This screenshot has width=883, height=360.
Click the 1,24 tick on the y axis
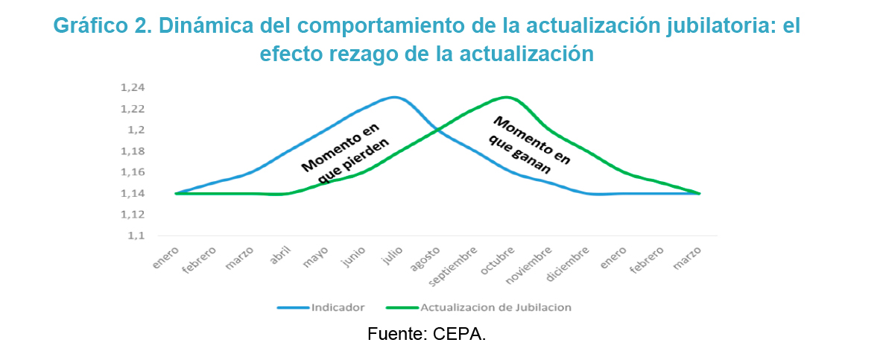131,88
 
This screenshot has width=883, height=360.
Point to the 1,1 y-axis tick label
135,236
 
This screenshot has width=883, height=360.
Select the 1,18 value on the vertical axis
131,151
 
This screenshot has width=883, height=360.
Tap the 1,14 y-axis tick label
131,194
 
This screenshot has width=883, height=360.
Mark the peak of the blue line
394,97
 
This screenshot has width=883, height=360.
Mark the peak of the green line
506,97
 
